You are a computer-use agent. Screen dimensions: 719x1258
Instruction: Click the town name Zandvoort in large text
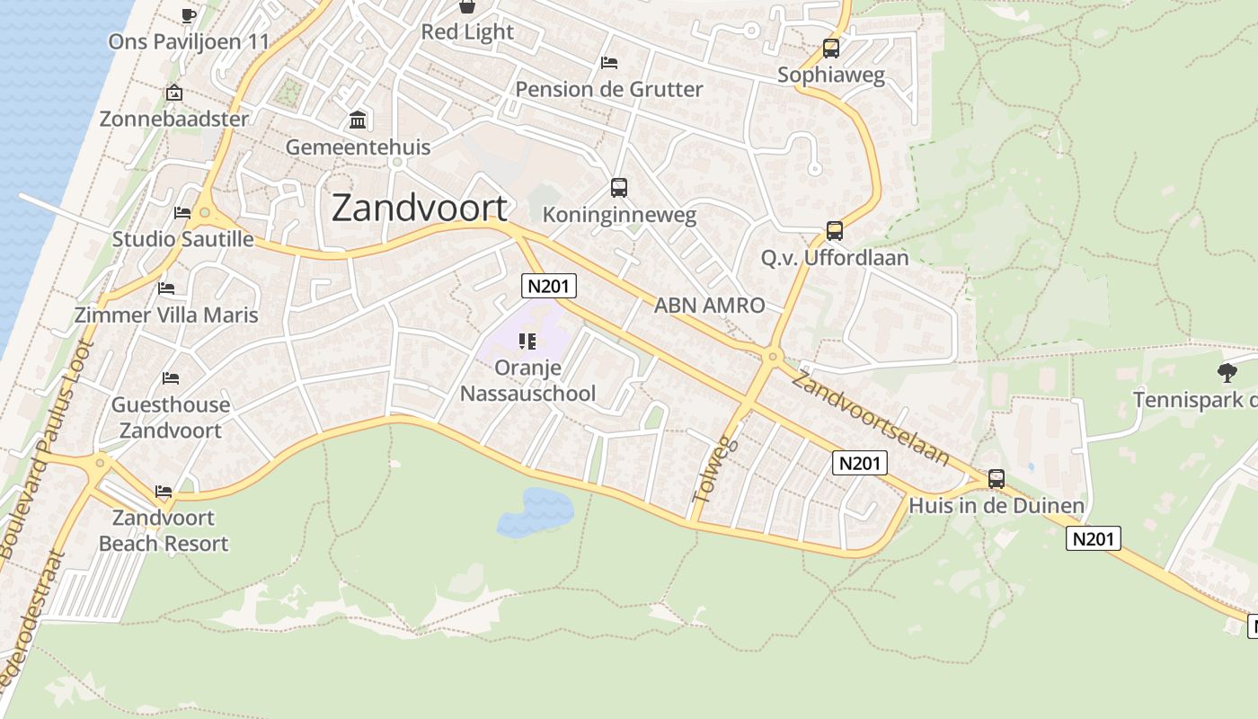420,209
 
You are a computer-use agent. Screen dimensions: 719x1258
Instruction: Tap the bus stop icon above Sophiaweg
830,49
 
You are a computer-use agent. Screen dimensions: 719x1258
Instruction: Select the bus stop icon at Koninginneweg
618,188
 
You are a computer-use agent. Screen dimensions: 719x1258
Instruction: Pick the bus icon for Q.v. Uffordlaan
834,231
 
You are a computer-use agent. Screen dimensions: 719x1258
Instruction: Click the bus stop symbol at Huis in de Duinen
996,479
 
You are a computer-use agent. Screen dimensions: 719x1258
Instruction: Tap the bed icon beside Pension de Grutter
609,63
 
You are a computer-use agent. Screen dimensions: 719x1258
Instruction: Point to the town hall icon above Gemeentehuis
358,120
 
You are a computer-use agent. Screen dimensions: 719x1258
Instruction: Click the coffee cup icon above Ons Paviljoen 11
189,15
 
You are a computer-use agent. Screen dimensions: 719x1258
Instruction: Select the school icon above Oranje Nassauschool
527,342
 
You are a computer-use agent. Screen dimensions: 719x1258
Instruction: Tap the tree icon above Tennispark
1227,372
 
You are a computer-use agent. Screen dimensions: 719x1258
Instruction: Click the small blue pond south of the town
536,512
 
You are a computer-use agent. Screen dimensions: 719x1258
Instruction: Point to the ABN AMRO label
709,306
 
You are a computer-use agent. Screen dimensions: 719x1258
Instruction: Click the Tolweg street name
715,469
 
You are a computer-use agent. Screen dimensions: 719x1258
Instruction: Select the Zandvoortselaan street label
869,418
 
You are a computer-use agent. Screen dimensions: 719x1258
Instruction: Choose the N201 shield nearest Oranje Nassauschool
548,286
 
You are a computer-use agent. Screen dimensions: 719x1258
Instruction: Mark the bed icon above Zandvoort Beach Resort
164,492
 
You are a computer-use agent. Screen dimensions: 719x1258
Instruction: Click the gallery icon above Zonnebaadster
174,93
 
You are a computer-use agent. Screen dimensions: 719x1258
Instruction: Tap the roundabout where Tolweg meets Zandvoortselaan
771,357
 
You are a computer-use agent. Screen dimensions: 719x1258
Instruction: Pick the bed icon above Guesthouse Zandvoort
171,378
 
